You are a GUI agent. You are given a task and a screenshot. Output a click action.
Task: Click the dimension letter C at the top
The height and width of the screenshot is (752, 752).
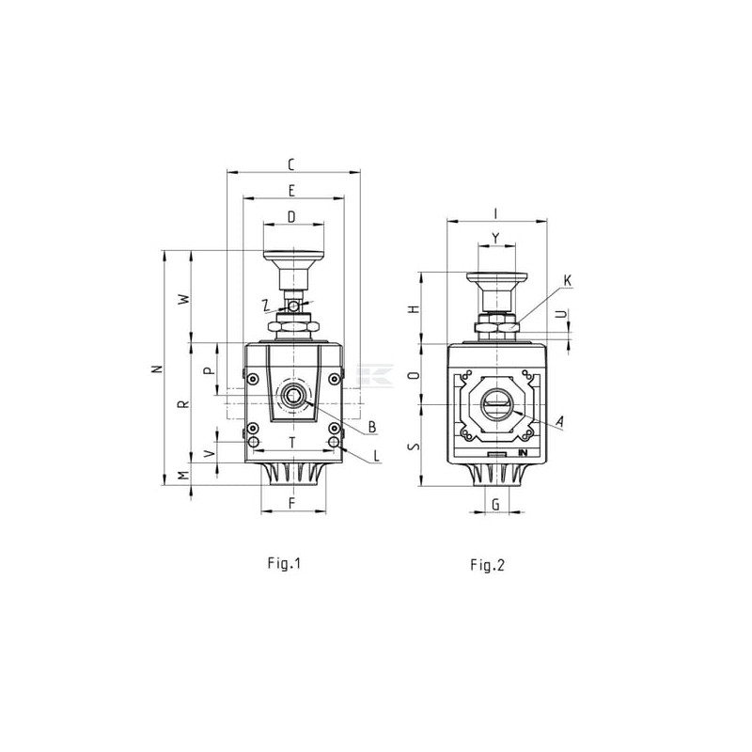click(x=291, y=164)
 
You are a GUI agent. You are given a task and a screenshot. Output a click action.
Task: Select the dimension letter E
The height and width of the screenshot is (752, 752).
click(x=291, y=191)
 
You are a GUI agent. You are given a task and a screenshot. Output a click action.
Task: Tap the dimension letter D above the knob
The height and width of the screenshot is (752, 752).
click(x=291, y=217)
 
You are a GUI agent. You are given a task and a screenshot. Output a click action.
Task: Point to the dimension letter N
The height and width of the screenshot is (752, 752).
click(x=156, y=368)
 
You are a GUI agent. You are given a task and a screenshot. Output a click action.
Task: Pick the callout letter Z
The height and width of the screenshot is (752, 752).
click(x=267, y=305)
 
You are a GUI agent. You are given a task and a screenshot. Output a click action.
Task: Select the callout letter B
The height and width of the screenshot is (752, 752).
click(x=372, y=427)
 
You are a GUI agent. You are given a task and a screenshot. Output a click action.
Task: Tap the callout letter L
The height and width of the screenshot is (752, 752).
click(x=377, y=456)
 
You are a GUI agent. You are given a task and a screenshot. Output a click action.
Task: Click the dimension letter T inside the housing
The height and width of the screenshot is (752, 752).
click(x=292, y=443)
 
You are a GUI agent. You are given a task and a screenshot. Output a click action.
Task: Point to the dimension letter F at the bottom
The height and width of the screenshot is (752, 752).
click(x=291, y=503)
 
